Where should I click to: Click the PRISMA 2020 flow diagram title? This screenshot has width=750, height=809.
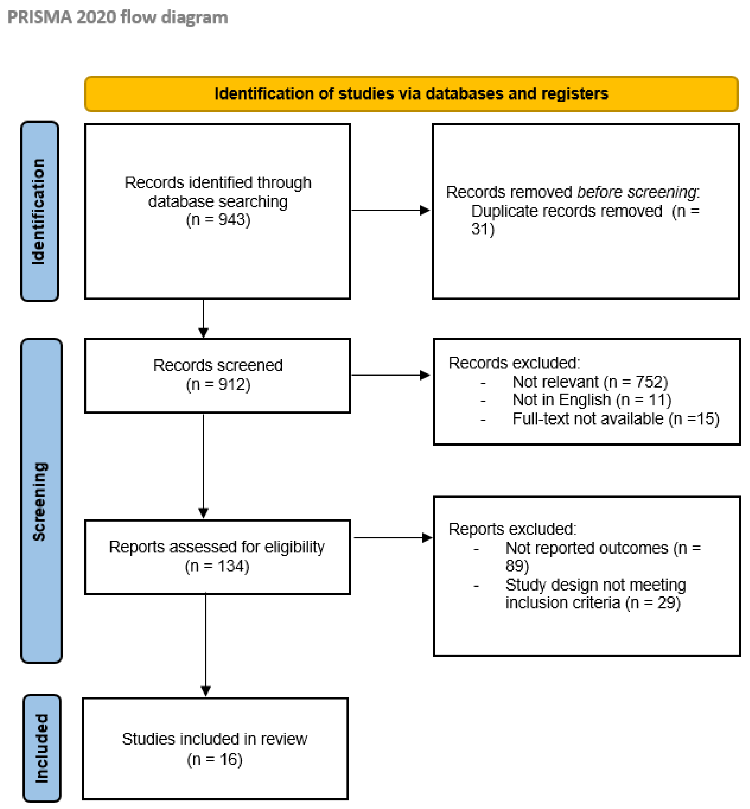pos(118,17)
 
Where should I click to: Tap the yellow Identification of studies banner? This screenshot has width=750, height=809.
pos(411,94)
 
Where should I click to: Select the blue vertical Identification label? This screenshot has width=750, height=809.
pos(39,211)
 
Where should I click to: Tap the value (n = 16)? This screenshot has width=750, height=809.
pos(214,759)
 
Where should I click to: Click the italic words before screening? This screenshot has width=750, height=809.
pos(636,192)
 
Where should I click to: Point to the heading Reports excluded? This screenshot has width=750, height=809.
pos(512,529)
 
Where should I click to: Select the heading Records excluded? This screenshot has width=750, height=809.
pos(514,363)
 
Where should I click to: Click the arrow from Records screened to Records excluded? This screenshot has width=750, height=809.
pos(390,375)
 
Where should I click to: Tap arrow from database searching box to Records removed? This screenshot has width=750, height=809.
pos(390,210)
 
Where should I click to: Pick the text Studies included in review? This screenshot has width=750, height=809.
pos(214,739)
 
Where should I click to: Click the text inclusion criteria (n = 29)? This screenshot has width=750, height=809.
pos(593,602)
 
